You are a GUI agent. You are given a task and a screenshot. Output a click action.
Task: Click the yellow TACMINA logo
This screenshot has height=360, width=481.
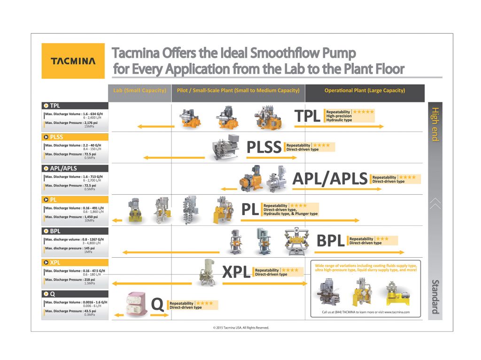(73, 61)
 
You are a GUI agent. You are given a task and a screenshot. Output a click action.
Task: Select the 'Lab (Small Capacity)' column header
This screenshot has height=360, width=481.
(140, 91)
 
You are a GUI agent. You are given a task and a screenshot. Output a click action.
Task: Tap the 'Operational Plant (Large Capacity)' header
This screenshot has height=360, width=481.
(365, 91)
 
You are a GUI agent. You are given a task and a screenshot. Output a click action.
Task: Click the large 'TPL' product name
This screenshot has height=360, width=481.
(308, 116)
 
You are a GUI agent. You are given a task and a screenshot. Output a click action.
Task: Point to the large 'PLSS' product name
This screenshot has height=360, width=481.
(264, 147)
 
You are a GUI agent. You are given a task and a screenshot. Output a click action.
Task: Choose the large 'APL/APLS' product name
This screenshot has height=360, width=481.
(330, 178)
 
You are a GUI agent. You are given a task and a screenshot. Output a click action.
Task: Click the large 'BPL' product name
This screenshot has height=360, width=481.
(331, 241)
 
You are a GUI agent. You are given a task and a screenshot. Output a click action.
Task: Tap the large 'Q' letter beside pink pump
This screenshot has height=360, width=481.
(158, 305)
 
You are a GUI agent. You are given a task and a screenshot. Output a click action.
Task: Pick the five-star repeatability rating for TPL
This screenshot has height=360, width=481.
(364, 112)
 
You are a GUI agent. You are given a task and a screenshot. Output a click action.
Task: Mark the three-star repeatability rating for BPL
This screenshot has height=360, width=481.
(382, 239)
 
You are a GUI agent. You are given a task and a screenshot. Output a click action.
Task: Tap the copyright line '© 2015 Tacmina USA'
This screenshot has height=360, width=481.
(241, 328)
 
